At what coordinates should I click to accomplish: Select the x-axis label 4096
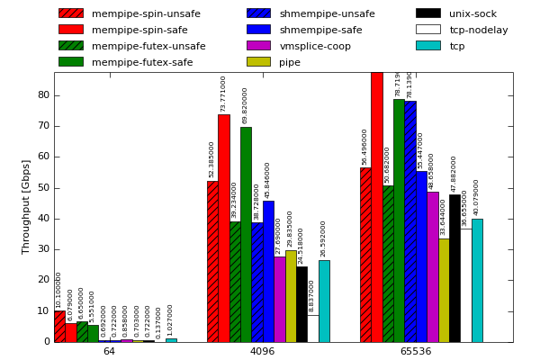coord(262,351)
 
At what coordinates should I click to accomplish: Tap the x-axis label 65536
coord(416,351)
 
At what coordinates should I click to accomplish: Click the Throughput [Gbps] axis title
coord(27,207)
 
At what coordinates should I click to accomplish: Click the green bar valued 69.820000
coord(246,234)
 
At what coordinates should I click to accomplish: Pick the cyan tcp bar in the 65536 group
coord(477,280)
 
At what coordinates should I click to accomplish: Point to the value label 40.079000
coord(477,197)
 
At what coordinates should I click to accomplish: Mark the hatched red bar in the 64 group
coord(59,326)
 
